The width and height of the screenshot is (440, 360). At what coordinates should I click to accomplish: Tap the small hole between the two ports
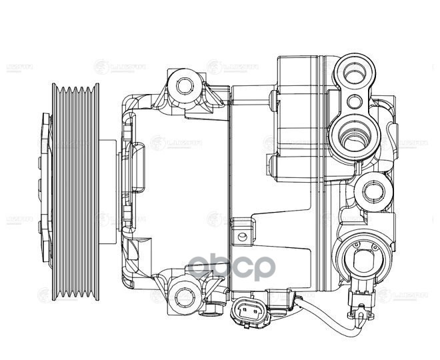[x=356, y=102]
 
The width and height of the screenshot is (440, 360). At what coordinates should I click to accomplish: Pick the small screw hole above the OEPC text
[x=243, y=235]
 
